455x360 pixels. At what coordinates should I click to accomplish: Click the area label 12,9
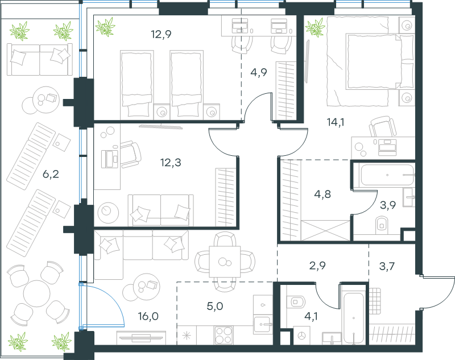(x=161, y=35)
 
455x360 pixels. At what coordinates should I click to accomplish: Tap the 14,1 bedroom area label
(x=336, y=122)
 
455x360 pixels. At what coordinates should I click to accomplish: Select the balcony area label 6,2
(x=51, y=174)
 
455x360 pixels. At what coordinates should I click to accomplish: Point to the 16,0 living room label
(x=148, y=316)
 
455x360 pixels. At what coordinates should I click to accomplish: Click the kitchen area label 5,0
(x=215, y=306)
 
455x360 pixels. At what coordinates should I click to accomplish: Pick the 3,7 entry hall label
(x=387, y=266)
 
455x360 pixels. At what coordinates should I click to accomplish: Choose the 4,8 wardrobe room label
(x=322, y=194)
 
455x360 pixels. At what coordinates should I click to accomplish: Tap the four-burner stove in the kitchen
(x=224, y=336)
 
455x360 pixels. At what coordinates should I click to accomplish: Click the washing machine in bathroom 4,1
(x=302, y=336)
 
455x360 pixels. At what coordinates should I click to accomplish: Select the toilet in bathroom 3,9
(x=382, y=225)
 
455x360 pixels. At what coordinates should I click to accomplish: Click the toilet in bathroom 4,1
(x=296, y=302)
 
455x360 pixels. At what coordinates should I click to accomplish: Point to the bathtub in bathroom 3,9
(x=387, y=175)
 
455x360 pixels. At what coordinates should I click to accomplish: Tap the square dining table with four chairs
(x=225, y=262)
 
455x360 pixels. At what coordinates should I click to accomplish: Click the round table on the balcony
(x=36, y=293)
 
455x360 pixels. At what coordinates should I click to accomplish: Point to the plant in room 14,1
(x=315, y=27)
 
